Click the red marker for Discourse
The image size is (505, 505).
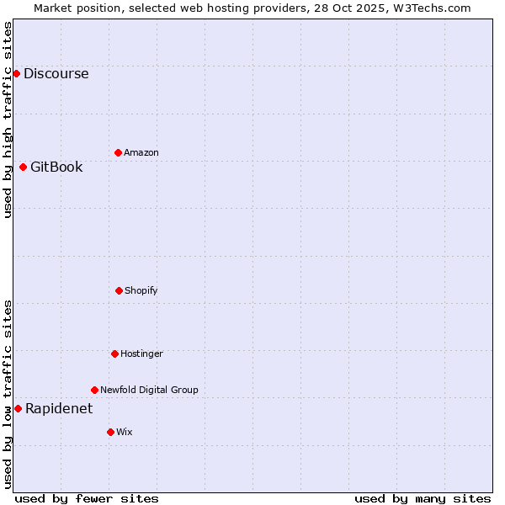(x=16, y=73)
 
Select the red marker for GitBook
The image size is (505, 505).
(x=23, y=167)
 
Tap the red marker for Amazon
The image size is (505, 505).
(x=118, y=152)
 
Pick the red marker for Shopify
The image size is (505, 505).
(x=119, y=290)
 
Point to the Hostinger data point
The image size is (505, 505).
(x=114, y=353)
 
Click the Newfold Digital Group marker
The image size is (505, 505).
(x=94, y=390)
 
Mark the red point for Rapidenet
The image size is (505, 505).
(x=18, y=408)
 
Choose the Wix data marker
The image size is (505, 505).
(x=110, y=432)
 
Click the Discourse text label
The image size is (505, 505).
(x=56, y=73)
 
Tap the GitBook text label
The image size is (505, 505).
(x=56, y=167)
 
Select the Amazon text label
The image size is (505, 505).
(x=141, y=152)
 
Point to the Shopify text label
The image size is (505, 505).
(x=141, y=290)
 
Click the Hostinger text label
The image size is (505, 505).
(x=141, y=353)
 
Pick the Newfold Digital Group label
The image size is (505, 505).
(x=149, y=390)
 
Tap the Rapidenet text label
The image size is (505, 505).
(x=59, y=409)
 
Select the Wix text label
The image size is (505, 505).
(x=125, y=432)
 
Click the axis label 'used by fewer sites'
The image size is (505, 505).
(x=87, y=498)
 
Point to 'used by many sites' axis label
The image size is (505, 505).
(x=423, y=498)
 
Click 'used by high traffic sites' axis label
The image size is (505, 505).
(x=8, y=120)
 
